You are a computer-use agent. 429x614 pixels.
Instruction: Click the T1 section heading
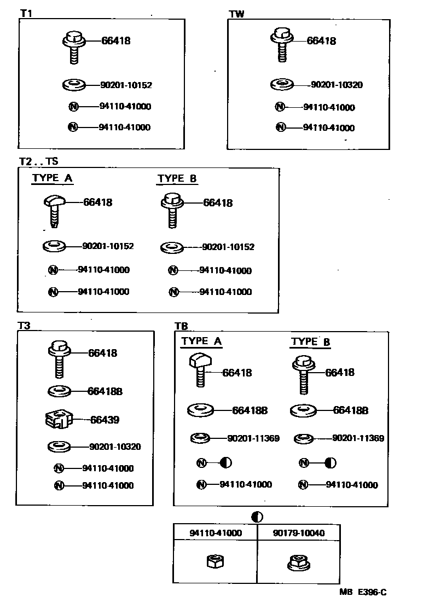(26, 14)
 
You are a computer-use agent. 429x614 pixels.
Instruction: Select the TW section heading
(236, 14)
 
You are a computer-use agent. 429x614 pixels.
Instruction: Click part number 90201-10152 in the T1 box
(126, 85)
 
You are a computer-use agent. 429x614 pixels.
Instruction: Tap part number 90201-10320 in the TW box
(337, 85)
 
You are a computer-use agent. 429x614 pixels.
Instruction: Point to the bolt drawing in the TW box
(282, 44)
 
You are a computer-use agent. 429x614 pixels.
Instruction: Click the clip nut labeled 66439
(57, 420)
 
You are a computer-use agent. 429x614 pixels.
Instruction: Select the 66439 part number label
(105, 420)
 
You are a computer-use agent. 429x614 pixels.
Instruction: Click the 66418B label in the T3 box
(105, 391)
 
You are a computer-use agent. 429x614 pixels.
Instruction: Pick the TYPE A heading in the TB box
(201, 341)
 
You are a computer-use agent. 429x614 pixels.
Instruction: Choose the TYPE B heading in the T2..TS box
(177, 178)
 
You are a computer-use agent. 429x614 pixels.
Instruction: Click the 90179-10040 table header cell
(298, 532)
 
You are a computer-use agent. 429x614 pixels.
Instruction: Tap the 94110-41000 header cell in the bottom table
(216, 532)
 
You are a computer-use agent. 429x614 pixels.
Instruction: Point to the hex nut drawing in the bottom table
(214, 561)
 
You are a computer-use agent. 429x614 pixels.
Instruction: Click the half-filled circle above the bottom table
(257, 517)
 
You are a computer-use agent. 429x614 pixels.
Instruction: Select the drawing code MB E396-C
(362, 592)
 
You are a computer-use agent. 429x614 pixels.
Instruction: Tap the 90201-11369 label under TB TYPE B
(358, 438)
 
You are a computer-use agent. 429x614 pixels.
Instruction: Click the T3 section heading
(24, 326)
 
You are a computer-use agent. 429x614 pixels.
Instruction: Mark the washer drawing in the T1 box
(74, 85)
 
